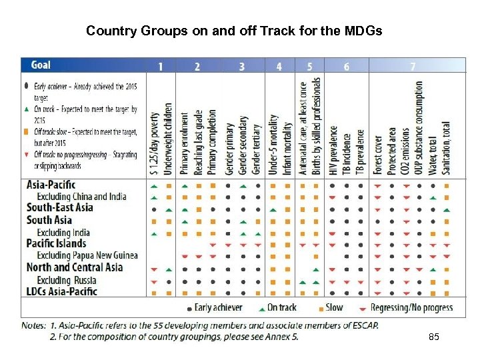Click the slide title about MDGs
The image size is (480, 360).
(234, 31)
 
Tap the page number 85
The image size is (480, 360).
(434, 339)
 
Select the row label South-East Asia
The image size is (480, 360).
(60, 207)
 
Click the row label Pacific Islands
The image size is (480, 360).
(56, 243)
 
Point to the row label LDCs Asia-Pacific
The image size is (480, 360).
(62, 291)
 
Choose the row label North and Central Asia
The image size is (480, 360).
(75, 267)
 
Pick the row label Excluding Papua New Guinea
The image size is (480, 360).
(87, 255)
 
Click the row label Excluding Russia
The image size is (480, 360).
(67, 279)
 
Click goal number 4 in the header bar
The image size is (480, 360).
(279, 66)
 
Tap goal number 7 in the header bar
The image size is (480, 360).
(413, 66)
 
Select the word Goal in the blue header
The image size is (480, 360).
(41, 65)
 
